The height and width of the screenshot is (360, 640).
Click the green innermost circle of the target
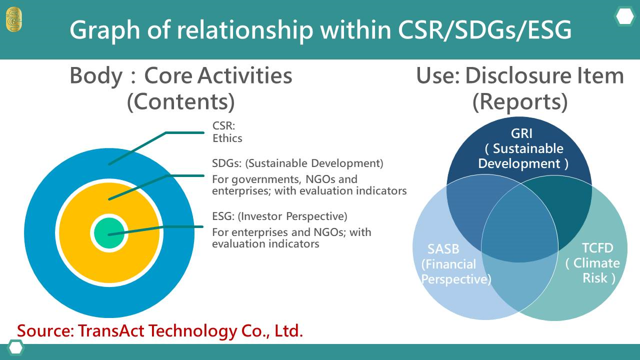[109, 233]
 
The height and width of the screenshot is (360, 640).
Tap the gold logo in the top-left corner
[13, 19]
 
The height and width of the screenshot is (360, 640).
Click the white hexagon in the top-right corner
[624, 16]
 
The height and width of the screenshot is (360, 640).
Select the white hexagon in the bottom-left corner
[15, 348]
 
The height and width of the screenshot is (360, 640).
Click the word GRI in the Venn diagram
[521, 133]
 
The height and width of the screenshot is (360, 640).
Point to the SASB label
[443, 249]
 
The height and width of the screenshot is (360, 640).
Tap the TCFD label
[597, 247]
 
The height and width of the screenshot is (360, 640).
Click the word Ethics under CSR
[227, 138]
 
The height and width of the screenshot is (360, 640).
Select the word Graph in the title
[105, 30]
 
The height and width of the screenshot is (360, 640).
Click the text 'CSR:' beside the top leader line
[223, 125]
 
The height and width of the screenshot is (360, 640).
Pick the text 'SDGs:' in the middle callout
[227, 163]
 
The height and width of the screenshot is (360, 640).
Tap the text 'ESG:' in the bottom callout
[223, 216]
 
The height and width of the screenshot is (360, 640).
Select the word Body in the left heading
[96, 75]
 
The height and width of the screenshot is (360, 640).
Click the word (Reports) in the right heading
[520, 102]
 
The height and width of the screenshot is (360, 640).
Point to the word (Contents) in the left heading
[181, 102]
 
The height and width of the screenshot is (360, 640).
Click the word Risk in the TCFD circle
[595, 278]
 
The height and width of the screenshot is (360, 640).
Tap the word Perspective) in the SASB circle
[456, 279]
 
